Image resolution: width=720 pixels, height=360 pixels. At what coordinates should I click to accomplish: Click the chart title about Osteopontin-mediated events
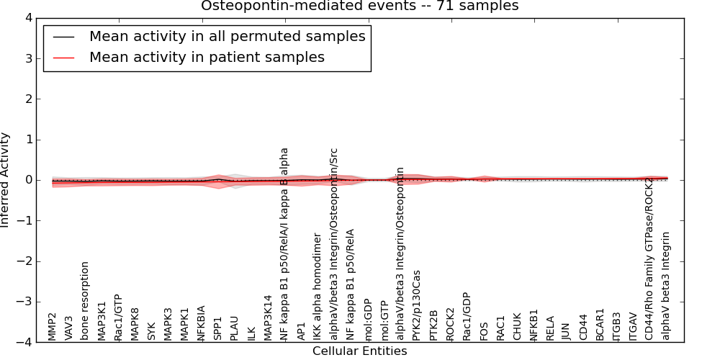(x=359, y=6)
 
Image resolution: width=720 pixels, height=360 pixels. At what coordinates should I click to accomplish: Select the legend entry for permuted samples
(x=227, y=37)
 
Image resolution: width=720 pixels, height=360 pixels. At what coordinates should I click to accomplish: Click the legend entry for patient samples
(x=207, y=58)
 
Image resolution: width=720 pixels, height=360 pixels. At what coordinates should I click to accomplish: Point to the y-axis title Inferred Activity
(x=6, y=180)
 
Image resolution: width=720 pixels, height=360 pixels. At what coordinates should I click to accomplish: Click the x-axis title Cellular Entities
(x=359, y=351)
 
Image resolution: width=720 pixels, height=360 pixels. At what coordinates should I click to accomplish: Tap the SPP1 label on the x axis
(x=217, y=327)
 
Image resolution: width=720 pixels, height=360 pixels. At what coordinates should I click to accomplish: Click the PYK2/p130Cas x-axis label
(x=416, y=305)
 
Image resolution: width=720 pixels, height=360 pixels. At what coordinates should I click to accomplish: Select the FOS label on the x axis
(x=484, y=330)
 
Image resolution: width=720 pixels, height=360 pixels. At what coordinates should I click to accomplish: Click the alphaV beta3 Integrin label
(x=666, y=286)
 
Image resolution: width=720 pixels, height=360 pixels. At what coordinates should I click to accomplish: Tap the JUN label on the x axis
(x=566, y=330)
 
